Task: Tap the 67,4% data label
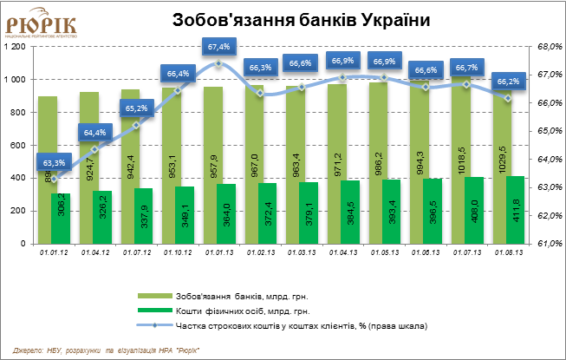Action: click(218, 46)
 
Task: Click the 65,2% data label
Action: click(136, 108)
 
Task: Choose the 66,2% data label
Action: click(507, 82)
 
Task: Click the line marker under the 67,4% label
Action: click(218, 63)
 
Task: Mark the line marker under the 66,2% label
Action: click(508, 98)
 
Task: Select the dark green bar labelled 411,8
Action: click(515, 210)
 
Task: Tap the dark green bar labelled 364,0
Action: click(225, 213)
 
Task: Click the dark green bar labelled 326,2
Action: click(102, 218)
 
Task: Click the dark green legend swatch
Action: click(155, 310)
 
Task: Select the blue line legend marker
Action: click(155, 325)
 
